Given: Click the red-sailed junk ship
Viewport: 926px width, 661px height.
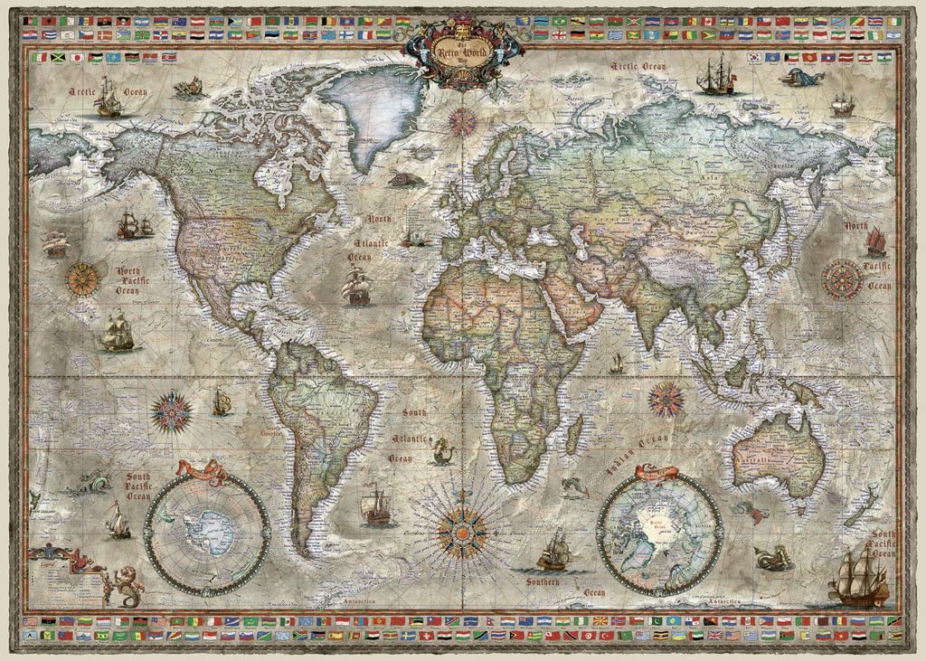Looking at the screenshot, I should click(875, 241).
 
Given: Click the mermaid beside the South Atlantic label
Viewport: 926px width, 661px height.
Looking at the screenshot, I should click(441, 450).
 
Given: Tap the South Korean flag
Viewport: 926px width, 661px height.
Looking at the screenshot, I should click(754, 57).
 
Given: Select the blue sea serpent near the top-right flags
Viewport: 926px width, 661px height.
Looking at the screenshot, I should click(801, 77).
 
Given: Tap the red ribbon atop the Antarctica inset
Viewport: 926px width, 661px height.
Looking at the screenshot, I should click(203, 470).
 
